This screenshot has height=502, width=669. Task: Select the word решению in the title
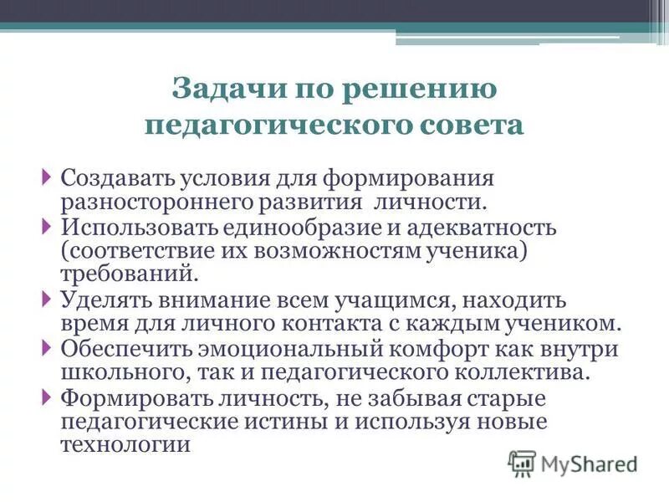pyautogui.click(x=421, y=87)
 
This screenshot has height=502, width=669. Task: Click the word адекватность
pyautogui.click(x=478, y=228)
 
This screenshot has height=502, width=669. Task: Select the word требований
pyautogui.click(x=129, y=273)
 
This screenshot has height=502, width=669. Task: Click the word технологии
pyautogui.click(x=125, y=444)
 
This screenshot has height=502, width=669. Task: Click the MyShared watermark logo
pyautogui.click(x=574, y=463)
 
